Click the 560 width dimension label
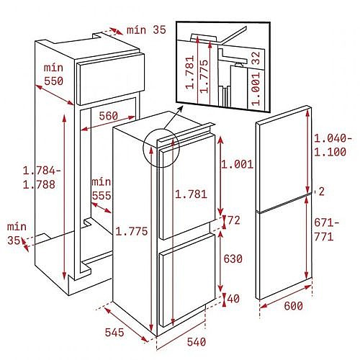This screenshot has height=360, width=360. [108, 116]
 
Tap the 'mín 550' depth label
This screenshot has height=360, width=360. [53, 74]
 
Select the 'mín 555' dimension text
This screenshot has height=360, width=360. [102, 189]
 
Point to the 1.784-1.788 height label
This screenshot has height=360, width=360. [41, 178]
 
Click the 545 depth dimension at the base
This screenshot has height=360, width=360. [114, 333]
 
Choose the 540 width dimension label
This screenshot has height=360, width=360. [197, 342]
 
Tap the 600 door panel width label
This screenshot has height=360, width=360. [293, 306]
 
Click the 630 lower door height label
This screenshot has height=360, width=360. [233, 259]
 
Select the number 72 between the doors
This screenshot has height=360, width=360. [233, 220]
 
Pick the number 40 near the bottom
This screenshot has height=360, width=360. [233, 299]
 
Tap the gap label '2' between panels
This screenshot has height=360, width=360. [321, 192]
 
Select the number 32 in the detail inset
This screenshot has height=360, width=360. [256, 58]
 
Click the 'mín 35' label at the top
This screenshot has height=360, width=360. [146, 30]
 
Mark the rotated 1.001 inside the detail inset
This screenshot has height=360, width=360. [256, 89]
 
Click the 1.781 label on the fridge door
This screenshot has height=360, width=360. [191, 194]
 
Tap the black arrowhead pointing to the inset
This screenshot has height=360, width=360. [180, 109]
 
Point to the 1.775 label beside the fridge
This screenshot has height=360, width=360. [132, 231]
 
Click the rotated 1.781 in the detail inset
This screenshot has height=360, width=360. [189, 72]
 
